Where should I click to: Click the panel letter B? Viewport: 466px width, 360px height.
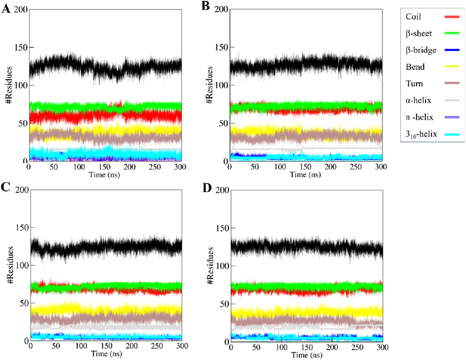206,6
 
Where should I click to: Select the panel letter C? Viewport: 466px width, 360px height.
5,187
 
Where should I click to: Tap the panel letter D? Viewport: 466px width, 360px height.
207,188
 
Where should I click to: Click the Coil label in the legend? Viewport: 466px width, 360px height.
413,17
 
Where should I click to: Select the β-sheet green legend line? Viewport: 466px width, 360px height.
452,33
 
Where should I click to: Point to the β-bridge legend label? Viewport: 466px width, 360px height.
421,50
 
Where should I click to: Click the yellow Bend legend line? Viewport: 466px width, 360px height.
452,67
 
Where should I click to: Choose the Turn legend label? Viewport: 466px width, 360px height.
414,84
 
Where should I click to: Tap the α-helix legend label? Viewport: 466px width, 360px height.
418,100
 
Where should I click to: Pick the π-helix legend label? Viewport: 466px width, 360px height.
419,117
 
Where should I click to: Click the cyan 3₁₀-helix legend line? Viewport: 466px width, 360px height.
452,134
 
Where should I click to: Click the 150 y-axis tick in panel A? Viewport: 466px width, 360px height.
21,47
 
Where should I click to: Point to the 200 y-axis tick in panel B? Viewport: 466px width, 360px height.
221,9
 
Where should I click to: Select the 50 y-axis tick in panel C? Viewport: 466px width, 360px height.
23,303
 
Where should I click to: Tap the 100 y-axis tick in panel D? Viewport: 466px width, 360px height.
222,266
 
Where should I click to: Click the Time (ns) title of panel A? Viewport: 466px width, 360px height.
104,175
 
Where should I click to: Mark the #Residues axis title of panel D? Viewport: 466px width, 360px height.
210,266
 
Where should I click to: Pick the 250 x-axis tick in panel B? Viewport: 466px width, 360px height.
356,167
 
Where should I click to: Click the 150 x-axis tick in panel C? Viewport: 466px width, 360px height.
106,346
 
